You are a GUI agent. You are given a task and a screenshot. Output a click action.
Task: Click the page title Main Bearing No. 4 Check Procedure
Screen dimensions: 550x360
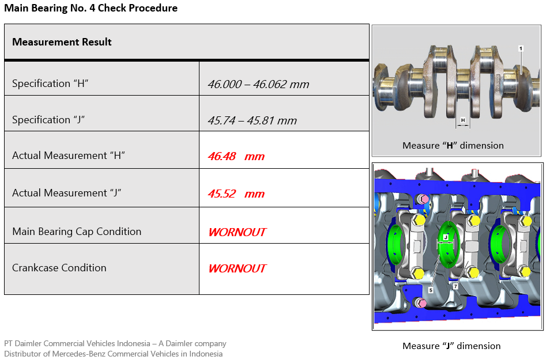pos(91,8)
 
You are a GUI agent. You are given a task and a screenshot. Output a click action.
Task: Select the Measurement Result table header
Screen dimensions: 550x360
pos(62,42)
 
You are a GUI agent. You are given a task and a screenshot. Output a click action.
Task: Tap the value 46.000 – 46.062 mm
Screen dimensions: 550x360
pos(258,84)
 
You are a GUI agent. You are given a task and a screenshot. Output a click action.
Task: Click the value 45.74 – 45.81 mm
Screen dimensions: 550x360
pos(252,120)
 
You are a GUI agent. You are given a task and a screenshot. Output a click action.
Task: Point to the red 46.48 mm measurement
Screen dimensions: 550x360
pos(236,156)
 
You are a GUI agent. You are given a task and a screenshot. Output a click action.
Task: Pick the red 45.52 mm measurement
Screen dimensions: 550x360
pos(236,194)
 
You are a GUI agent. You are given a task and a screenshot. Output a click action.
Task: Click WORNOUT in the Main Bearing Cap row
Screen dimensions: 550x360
pos(238,232)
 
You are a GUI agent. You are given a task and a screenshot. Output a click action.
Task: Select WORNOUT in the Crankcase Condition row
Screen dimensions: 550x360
pos(238,268)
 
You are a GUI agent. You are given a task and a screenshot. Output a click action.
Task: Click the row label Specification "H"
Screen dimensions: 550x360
pos(50,84)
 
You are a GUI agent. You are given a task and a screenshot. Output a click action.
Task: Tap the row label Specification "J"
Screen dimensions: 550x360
pos(48,120)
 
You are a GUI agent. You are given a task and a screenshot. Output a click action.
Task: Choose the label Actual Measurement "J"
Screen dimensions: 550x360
pos(67,193)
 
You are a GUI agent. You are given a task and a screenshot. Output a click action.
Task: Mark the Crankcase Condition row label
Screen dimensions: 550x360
pos(59,268)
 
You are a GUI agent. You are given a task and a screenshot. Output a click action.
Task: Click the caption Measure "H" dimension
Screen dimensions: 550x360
pos(453,146)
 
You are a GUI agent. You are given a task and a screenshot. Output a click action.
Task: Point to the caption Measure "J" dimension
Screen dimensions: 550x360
pos(451,346)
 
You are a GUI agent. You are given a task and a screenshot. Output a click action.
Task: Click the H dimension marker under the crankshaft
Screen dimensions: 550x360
pos(463,120)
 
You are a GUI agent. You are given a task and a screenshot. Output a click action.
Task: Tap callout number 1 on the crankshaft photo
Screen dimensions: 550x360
pos(521,49)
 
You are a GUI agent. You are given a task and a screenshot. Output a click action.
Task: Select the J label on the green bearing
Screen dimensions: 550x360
pos(446,237)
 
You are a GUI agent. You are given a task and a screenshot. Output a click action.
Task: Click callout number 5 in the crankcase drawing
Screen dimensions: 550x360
pos(431,290)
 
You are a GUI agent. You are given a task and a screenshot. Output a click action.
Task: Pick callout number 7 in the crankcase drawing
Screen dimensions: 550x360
pos(455,286)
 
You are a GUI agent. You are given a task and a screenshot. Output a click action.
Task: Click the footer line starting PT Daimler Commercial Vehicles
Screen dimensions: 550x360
pos(115,343)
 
